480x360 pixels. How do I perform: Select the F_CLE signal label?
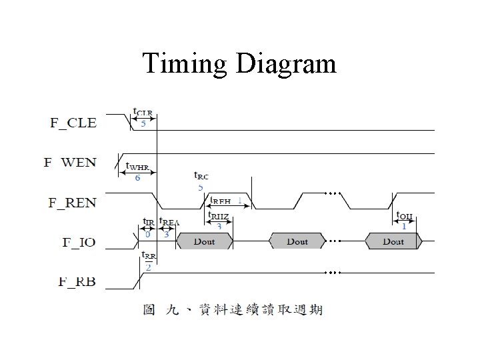(x=73, y=123)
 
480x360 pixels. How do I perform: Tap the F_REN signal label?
(x=72, y=202)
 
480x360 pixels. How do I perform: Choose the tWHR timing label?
(x=137, y=167)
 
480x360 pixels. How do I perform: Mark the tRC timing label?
(x=201, y=177)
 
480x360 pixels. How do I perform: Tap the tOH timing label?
(x=404, y=215)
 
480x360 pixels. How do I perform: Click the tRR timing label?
(x=148, y=256)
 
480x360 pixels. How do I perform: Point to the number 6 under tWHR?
(x=137, y=178)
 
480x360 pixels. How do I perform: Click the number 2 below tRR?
(x=148, y=267)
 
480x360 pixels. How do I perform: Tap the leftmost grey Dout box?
(x=204, y=241)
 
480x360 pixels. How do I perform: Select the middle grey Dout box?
(x=297, y=241)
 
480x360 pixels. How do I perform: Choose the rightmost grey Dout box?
(x=393, y=241)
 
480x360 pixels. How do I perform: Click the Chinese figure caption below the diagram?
(x=233, y=309)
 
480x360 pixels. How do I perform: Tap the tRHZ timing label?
(x=219, y=215)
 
